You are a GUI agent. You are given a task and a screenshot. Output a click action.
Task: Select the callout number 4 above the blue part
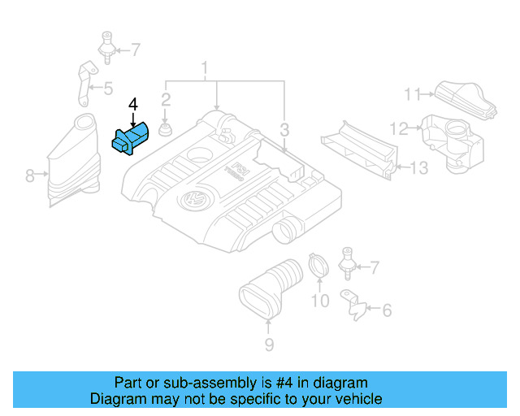click(x=133, y=104)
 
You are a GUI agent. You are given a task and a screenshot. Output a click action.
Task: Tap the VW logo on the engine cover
click(x=194, y=200)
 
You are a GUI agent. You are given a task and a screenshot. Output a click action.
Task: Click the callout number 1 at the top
click(x=206, y=67)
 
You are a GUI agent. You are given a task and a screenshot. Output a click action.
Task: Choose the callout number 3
click(x=284, y=129)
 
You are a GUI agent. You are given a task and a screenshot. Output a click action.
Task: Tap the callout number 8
click(x=30, y=175)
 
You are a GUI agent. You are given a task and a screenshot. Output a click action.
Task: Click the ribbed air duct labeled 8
click(x=71, y=162)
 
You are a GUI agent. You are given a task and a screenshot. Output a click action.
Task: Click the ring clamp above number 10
click(x=318, y=267)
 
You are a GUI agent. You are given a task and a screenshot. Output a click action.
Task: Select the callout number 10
click(x=320, y=302)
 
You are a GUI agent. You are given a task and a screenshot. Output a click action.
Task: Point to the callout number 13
click(x=418, y=168)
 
